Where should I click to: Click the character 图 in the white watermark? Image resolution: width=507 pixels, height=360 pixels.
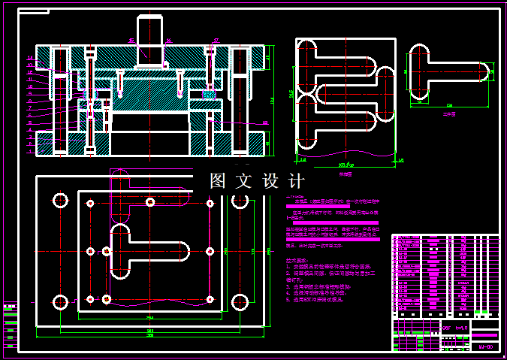pos(219,181)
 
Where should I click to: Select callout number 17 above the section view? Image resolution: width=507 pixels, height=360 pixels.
pos(216,41)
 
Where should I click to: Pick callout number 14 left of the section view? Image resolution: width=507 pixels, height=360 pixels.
pos(30,57)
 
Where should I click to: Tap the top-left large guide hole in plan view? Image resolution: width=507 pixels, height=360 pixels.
pos(59,201)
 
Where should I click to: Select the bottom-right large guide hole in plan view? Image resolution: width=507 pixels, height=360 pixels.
pos(240,303)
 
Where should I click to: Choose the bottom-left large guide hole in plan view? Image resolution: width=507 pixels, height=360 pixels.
pos(59,303)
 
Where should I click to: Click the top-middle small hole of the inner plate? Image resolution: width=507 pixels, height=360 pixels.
pos(150,202)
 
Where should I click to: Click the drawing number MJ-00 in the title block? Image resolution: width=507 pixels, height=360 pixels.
pos(485,346)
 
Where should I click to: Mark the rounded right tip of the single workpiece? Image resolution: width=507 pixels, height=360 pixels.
pos(487,72)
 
